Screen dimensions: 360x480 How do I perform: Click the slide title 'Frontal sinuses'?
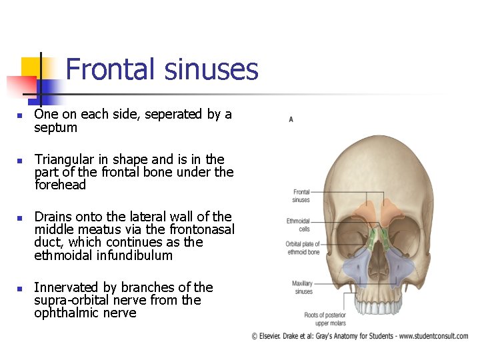[162, 69]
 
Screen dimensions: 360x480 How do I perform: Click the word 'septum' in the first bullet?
[56, 127]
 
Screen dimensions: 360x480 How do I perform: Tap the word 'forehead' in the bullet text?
[60, 185]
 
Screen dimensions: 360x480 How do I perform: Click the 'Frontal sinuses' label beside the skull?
[301, 195]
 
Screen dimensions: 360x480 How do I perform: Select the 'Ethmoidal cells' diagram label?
[298, 225]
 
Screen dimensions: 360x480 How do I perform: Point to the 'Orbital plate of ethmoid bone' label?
[302, 247]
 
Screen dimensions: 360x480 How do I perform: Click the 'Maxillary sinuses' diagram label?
[302, 287]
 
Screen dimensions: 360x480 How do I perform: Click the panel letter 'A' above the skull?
[291, 119]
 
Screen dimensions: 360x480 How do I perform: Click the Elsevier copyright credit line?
[359, 336]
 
